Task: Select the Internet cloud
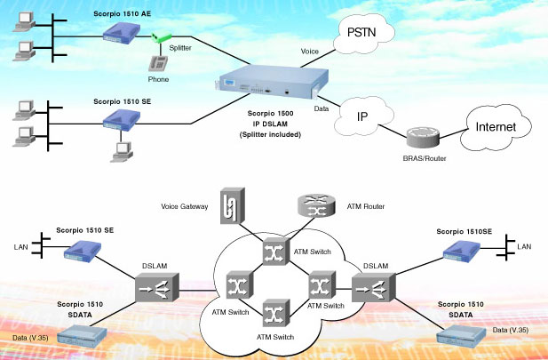coord(496,127)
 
